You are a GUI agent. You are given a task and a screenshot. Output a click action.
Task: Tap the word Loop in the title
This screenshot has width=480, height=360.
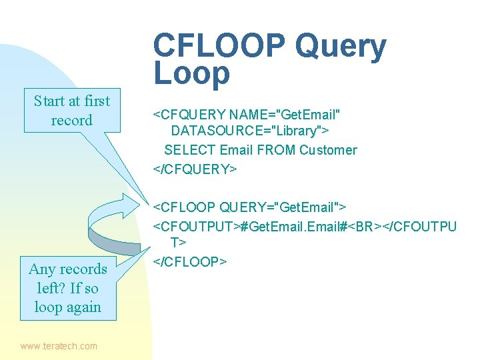tap(191, 74)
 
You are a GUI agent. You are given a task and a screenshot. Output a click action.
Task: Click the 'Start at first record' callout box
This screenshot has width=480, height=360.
tap(72, 111)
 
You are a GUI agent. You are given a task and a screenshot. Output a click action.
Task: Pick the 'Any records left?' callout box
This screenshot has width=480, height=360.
tap(68, 288)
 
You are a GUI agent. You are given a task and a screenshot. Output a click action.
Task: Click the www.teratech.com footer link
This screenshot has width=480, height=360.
tap(59, 346)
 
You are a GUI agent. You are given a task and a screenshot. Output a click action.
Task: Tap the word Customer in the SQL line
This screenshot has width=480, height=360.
tap(328, 150)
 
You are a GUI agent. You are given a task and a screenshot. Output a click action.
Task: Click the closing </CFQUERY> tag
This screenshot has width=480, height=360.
tap(195, 169)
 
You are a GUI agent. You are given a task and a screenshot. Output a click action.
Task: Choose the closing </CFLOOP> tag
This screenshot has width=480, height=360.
tap(191, 262)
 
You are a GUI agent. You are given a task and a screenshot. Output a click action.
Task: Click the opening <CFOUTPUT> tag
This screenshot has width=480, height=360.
tap(197, 227)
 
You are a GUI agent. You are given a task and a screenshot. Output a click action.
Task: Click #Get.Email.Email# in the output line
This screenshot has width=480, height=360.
tap(292, 227)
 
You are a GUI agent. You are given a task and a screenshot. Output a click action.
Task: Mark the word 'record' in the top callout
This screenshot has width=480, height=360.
tap(72, 121)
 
